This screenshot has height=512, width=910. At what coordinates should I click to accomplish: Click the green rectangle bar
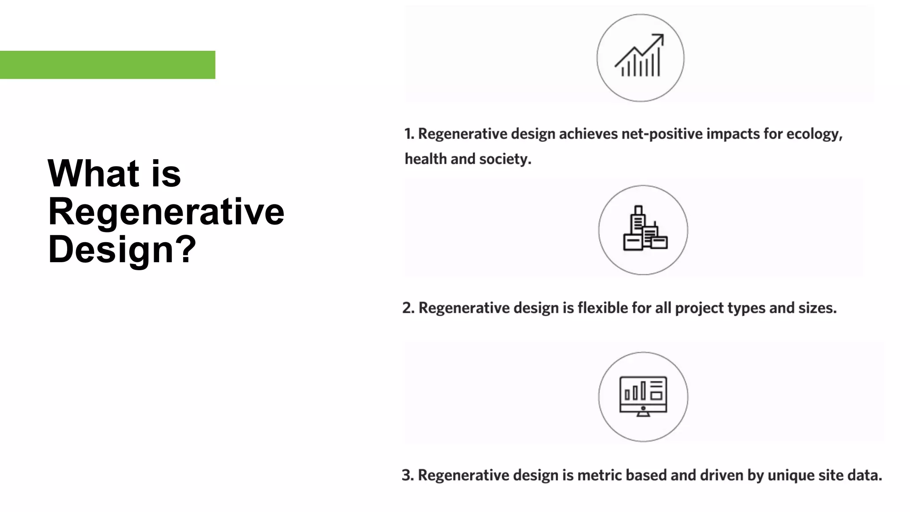click(108, 65)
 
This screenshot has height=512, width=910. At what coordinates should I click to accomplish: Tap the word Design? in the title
click(122, 249)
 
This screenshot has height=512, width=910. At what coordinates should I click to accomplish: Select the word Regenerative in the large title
click(166, 212)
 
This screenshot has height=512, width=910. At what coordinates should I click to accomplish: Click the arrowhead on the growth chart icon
click(659, 38)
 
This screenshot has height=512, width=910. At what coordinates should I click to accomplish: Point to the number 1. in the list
click(409, 134)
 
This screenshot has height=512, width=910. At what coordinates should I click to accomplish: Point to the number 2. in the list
click(408, 308)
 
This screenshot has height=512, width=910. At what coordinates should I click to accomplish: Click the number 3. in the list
click(407, 475)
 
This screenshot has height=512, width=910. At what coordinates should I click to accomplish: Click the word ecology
click(814, 134)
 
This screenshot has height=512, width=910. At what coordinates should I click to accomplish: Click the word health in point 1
click(425, 159)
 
